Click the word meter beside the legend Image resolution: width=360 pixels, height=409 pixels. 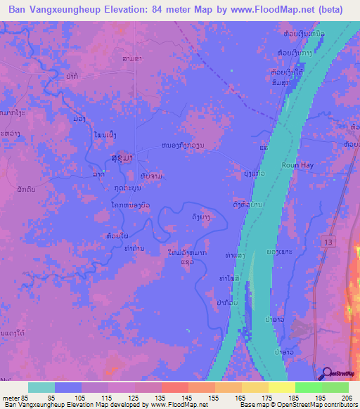(x=8, y=397)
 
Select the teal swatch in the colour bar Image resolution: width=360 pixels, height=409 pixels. (x=41, y=387)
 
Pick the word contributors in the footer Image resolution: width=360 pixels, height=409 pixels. (x=340, y=405)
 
